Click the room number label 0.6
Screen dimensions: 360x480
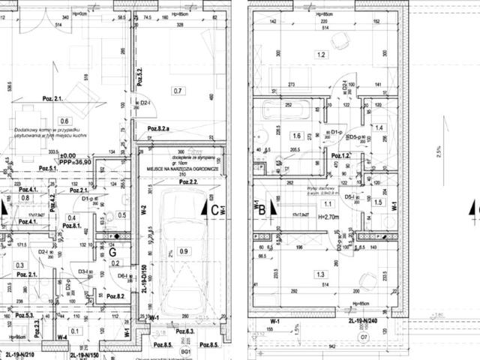[x=64, y=121]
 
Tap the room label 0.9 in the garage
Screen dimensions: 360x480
[x=185, y=251]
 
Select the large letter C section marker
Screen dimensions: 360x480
[x=214, y=211]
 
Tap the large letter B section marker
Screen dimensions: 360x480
[x=262, y=211]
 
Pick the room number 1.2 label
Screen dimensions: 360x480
[x=322, y=55]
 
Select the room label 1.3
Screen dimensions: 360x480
[x=322, y=274]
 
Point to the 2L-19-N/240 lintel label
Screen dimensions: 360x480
[x=364, y=319]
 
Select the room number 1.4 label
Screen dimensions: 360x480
[x=379, y=129]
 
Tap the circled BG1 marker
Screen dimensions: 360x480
[x=186, y=351]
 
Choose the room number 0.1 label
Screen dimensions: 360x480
[x=74, y=331]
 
